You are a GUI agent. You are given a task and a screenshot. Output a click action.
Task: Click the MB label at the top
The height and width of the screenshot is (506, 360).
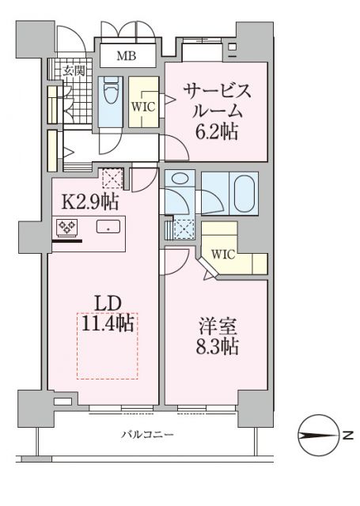pos(126,55)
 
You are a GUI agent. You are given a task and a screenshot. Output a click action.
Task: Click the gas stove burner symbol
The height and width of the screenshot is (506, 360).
pos(65,228)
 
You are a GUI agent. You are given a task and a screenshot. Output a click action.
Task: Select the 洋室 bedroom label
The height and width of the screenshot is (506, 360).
pos(214,326)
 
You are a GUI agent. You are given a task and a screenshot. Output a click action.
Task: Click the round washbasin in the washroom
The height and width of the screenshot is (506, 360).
pos(179,179)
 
